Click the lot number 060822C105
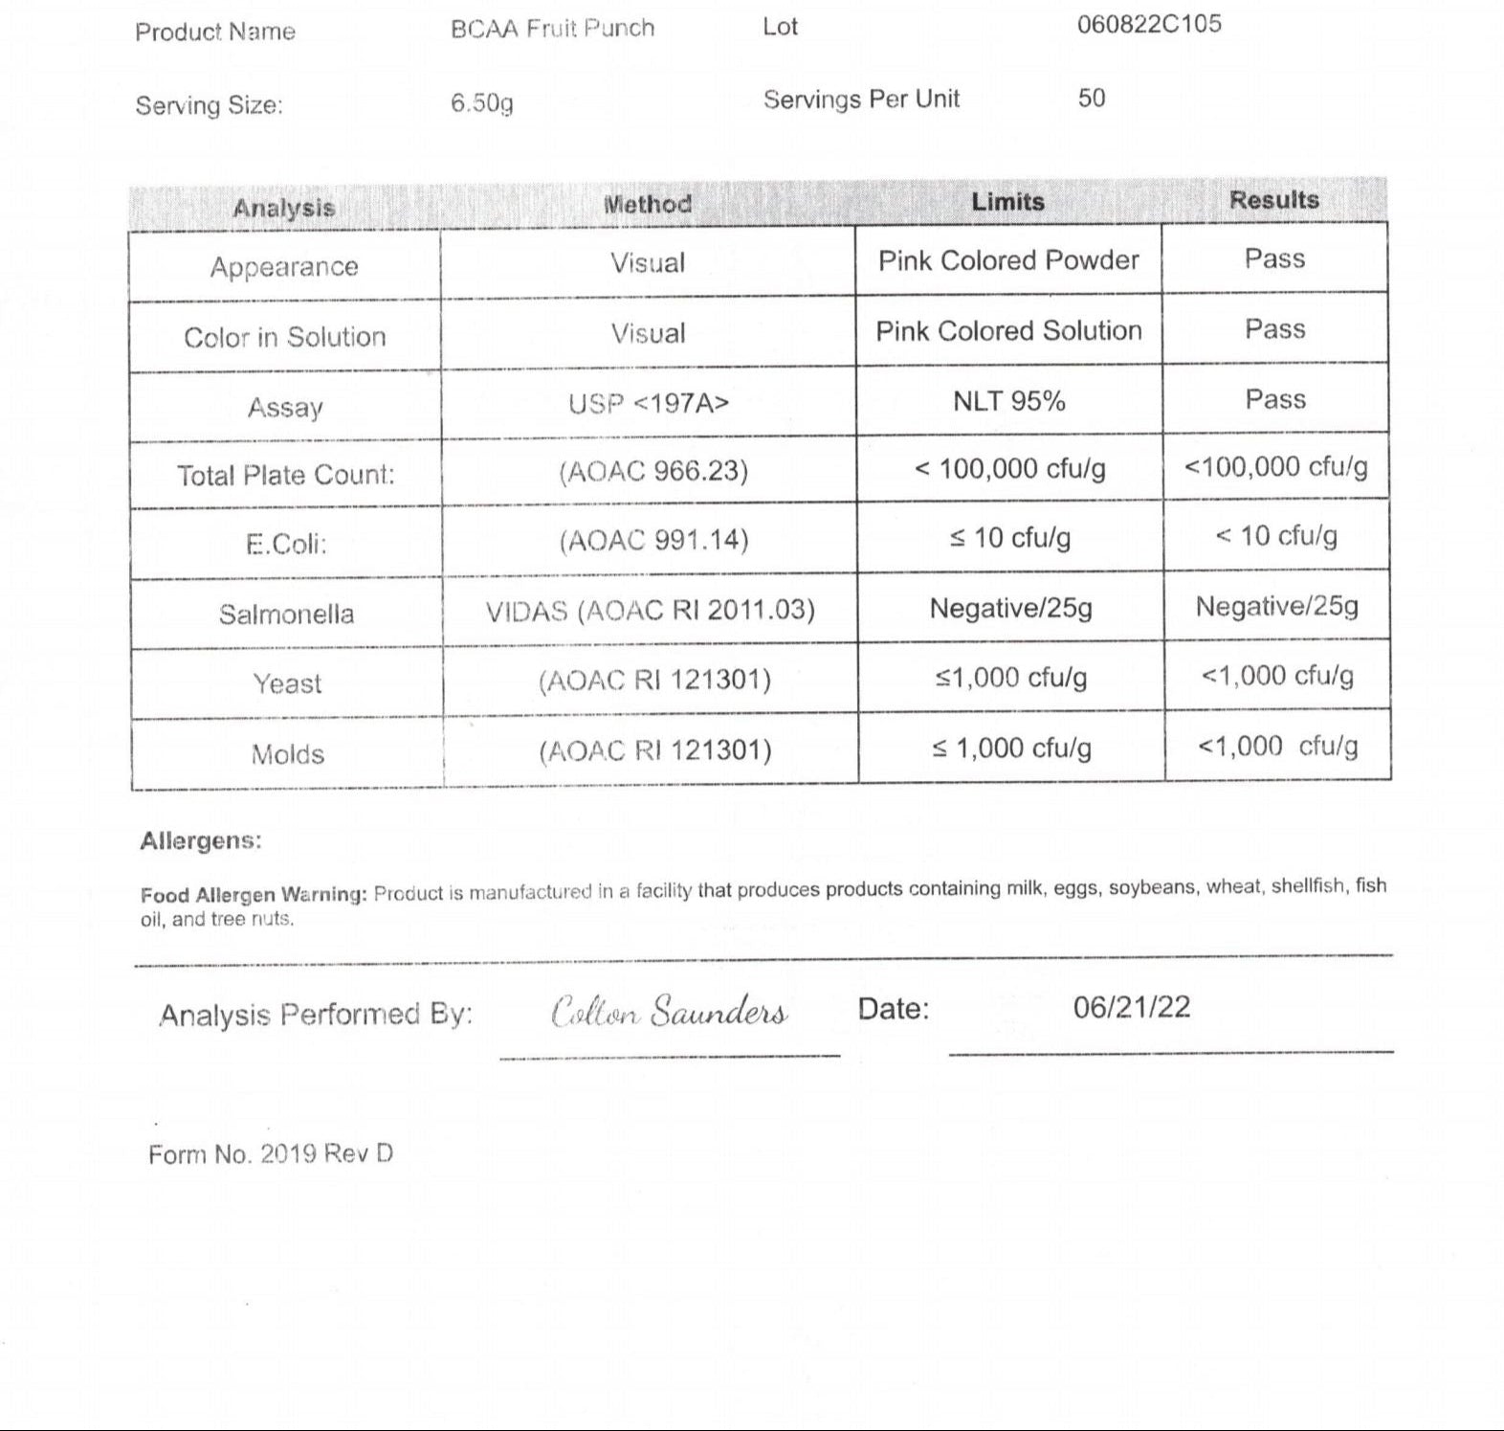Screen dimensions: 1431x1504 pos(1149,24)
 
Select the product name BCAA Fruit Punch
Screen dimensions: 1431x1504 pos(552,29)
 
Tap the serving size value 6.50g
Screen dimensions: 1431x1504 pos(481,102)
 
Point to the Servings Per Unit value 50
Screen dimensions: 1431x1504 pos(1092,98)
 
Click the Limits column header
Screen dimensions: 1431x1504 pos(1007,202)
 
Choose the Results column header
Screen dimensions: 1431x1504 pos(1273,200)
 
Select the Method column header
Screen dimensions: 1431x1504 pos(647,204)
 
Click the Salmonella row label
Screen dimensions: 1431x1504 pos(286,614)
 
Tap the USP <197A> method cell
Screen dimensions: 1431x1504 pos(648,403)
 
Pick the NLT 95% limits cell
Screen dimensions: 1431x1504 pos(1008,400)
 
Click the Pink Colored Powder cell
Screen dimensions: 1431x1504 pos(1008,260)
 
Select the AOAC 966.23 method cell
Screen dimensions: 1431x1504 pos(653,471)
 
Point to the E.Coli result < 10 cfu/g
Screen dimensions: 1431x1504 pos(1275,535)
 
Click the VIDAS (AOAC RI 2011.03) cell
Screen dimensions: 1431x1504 pos(650,610)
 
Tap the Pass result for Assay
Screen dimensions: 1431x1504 pos(1274,399)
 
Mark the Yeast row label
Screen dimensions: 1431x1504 pos(287,683)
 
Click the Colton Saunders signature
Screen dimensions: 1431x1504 pos(669,1011)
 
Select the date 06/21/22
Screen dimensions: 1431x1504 pos(1131,1007)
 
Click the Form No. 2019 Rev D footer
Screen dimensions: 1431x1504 pos(270,1153)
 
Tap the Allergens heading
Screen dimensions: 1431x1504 pos(200,840)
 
